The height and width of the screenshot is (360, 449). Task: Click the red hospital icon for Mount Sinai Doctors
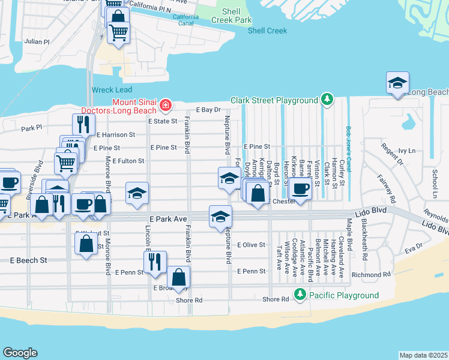coord(165,106)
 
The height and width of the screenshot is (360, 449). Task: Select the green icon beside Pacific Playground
coord(300,295)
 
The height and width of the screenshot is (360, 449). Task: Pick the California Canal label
coord(185,20)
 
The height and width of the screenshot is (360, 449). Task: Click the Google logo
coord(20,353)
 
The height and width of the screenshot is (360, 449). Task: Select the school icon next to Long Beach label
coord(397,83)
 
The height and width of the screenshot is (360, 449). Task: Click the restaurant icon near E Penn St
coord(155,262)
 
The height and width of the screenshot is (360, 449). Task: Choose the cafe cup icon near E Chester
coord(300,189)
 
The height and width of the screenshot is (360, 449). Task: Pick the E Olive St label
coord(251,245)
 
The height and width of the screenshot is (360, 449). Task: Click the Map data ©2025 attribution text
coord(424,355)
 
